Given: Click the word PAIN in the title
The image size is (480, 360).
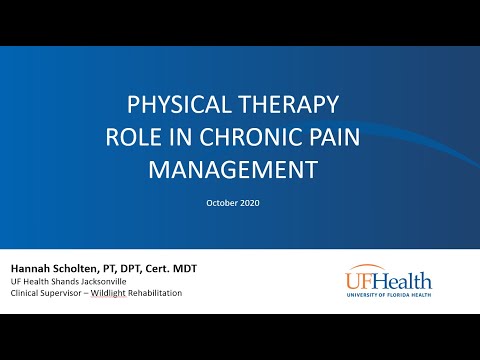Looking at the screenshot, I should tap(331, 137).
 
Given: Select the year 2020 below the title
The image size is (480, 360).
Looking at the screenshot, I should tap(254, 201).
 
